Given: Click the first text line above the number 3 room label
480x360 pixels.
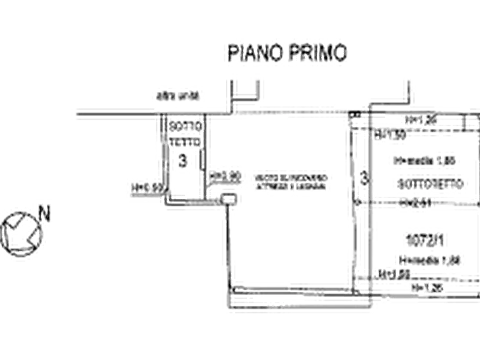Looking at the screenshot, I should [x=185, y=126].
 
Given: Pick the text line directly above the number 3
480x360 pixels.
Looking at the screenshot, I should [x=185, y=141].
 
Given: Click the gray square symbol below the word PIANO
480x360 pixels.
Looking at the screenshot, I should [x=232, y=86].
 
